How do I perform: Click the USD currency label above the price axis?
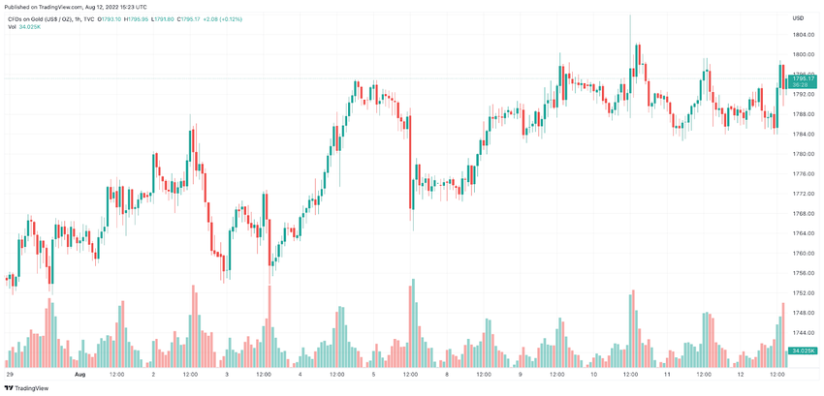click(x=798, y=18)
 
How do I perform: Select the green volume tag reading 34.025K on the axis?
click(x=802, y=350)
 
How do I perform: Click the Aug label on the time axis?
click(x=80, y=373)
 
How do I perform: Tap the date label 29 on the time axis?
click(x=10, y=373)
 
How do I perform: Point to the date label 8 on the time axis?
click(x=447, y=373)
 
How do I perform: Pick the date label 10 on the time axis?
click(x=593, y=373)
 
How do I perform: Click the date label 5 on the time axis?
click(x=373, y=373)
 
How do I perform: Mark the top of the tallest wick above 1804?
click(x=630, y=15)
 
